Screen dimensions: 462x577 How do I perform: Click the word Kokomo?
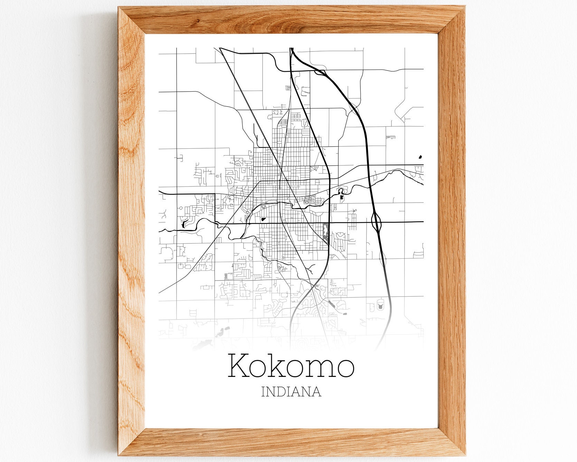291,366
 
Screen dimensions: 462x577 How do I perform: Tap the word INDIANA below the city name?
291,392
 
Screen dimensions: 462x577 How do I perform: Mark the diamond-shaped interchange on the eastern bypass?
376,221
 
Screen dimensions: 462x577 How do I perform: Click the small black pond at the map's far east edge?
420,157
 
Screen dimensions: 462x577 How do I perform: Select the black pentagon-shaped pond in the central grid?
264,219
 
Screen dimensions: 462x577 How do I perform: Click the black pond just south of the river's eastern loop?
342,197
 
